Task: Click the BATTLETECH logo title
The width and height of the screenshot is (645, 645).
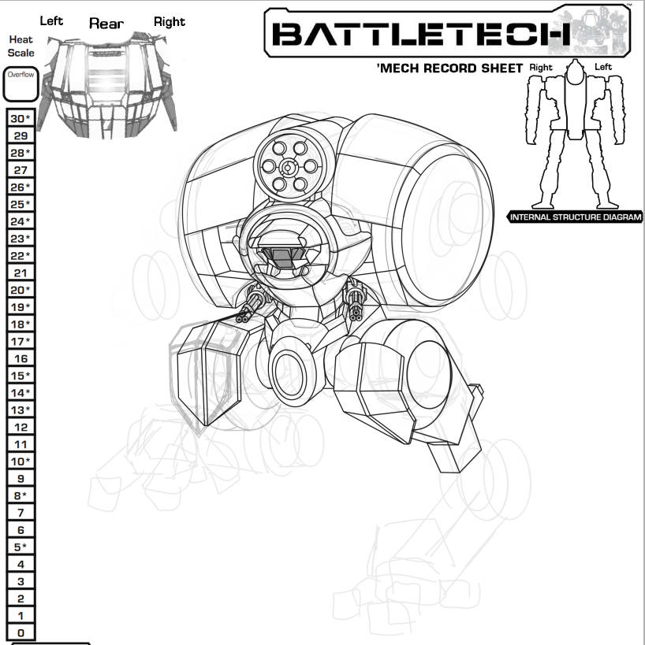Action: point(422,34)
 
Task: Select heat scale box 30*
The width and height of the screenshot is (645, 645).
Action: point(21,118)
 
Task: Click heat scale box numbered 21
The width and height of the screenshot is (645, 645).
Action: point(21,272)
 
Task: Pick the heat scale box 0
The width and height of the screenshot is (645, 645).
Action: point(21,632)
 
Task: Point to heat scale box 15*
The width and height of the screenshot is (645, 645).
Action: point(21,376)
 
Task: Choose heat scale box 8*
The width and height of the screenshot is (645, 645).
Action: point(21,495)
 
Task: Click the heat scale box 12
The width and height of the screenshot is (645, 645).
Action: point(21,427)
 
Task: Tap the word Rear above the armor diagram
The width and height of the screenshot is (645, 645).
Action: point(106,24)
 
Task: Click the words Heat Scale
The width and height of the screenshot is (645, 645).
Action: point(21,46)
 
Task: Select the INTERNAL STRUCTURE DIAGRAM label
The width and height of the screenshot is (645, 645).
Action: point(576,217)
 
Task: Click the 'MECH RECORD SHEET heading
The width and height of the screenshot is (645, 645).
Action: point(450,69)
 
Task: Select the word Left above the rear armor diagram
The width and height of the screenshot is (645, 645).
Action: point(51,20)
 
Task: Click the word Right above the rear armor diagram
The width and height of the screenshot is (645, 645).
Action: point(169,21)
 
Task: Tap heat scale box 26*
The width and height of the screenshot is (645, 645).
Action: point(21,187)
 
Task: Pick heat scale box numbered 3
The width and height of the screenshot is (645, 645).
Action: point(21,581)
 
